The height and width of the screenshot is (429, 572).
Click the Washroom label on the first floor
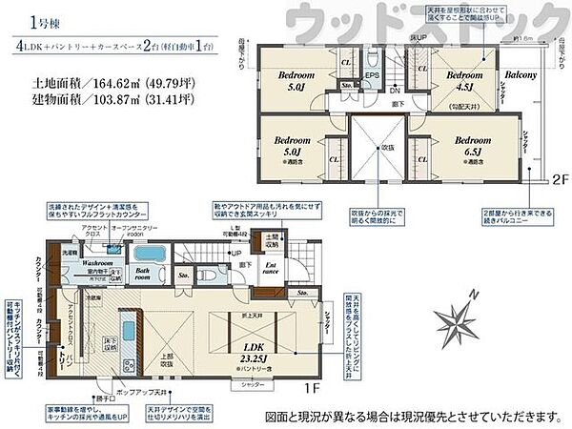click(97, 261)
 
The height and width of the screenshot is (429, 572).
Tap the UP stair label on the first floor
click(235, 255)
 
